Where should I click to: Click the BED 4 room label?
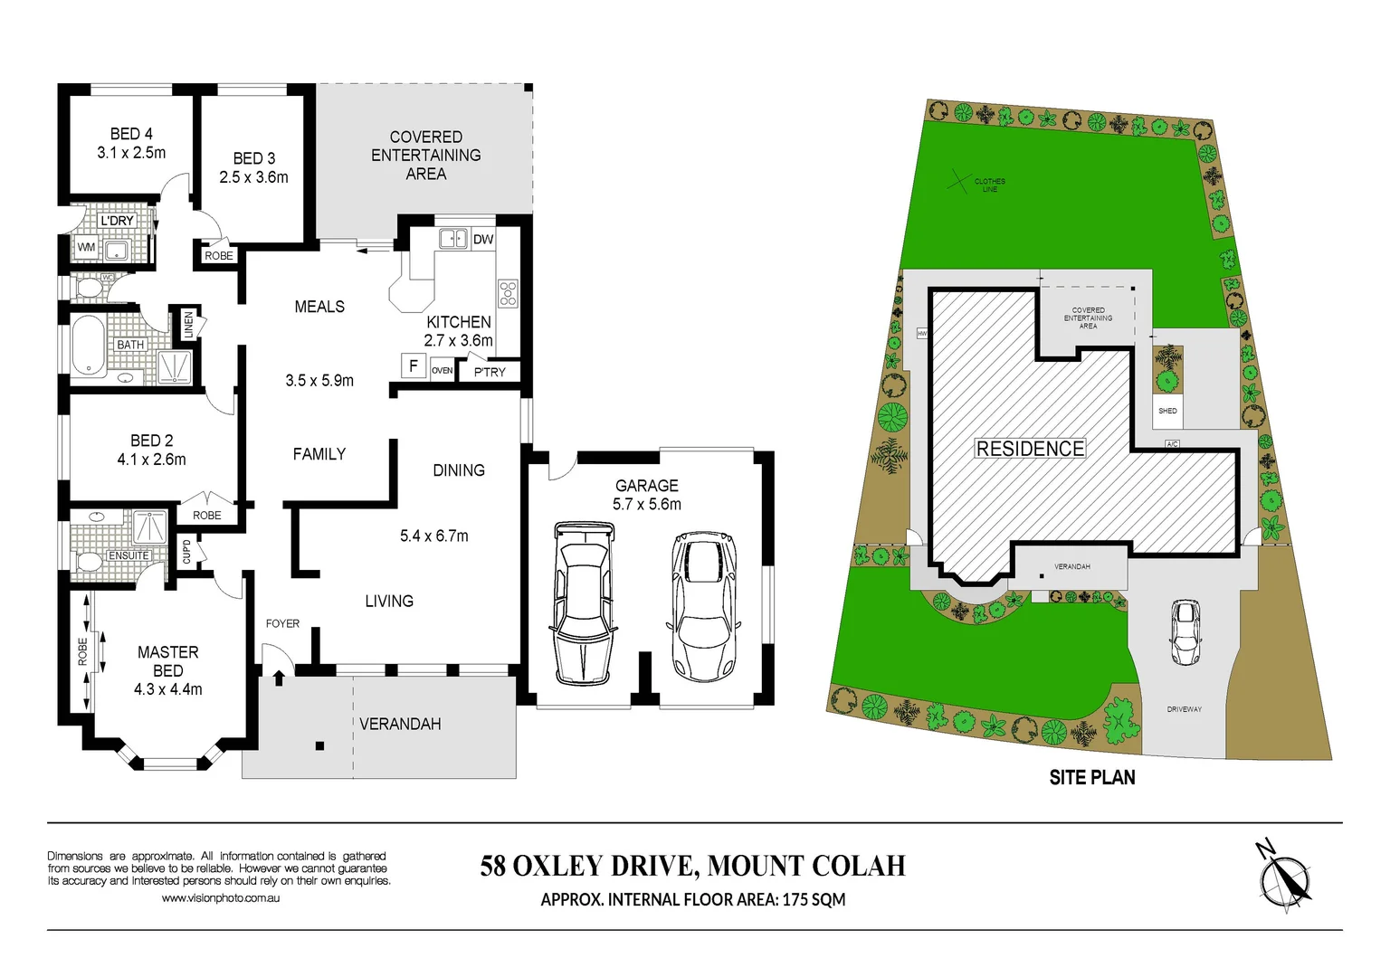131,134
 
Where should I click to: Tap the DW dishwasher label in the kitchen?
483,240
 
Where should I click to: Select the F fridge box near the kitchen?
414,365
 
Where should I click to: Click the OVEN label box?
442,371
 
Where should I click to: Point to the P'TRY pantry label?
490,372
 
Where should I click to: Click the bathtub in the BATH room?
88,345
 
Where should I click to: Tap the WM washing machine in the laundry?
86,247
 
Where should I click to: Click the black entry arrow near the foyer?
279,676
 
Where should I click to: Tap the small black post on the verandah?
319,746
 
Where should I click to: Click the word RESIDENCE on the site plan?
1030,449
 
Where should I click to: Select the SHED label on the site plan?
1167,411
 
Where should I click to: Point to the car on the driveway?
1185,632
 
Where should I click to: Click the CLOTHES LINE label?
989,185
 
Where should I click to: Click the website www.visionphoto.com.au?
220,898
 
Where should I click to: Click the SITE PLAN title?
1091,777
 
